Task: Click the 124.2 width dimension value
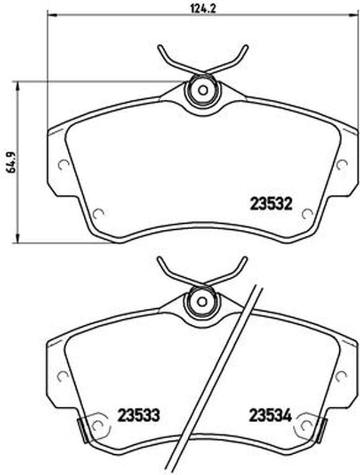tap(203, 8)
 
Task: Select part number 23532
tap(271, 204)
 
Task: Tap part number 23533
tap(138, 415)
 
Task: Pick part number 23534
tap(270, 415)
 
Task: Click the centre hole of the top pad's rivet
tap(203, 90)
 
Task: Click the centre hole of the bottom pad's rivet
tap(203, 302)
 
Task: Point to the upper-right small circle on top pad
tap(342, 164)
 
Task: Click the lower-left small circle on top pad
tap(98, 214)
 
